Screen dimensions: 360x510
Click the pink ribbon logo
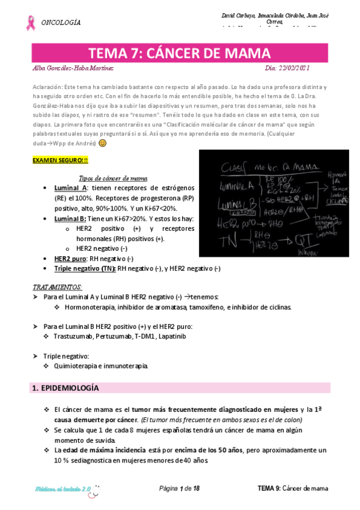click(29, 23)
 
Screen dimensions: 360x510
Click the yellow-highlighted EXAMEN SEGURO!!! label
click(60, 160)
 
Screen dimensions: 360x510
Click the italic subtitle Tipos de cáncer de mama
click(114, 178)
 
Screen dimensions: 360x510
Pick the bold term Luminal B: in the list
click(70, 219)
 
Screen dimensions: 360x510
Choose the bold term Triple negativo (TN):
click(85, 268)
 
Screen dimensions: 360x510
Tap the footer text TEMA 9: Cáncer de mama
click(293, 488)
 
